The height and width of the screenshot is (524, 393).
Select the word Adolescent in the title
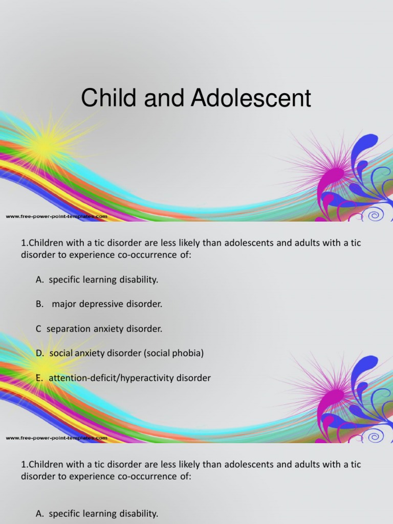[x=251, y=98]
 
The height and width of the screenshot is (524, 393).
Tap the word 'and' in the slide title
[x=164, y=98]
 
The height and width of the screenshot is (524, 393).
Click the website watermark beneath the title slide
[x=56, y=216]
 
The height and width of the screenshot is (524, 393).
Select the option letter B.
[x=39, y=304]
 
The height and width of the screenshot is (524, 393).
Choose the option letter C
[x=38, y=329]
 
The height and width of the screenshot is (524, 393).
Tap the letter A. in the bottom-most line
[x=40, y=513]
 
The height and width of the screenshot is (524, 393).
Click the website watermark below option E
[x=56, y=438]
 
